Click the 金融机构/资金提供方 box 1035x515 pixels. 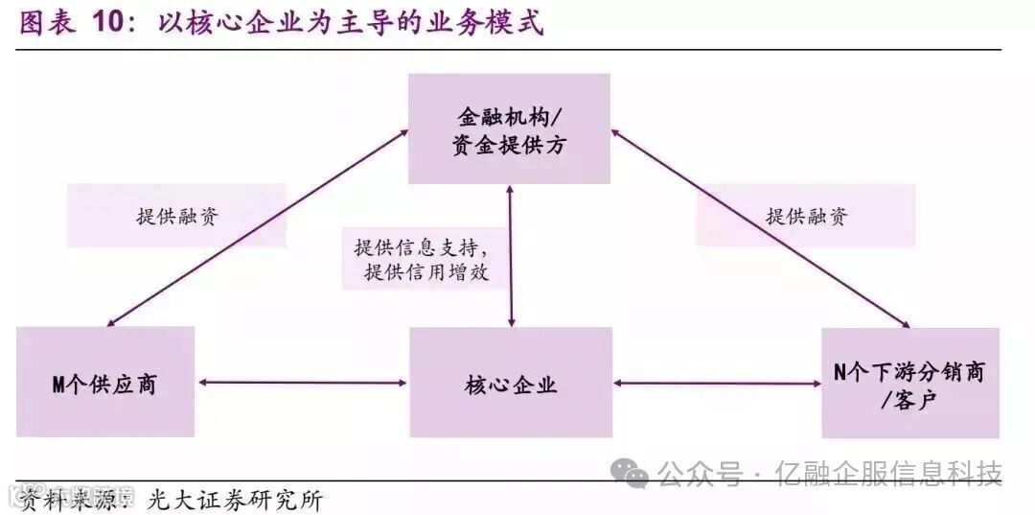(509, 129)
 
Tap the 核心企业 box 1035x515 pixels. (511, 383)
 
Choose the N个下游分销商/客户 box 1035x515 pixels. (909, 383)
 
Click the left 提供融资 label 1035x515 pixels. (176, 216)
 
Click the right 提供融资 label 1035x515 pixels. (806, 216)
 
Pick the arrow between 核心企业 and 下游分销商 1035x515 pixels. (717, 384)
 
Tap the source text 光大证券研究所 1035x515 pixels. (235, 500)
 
